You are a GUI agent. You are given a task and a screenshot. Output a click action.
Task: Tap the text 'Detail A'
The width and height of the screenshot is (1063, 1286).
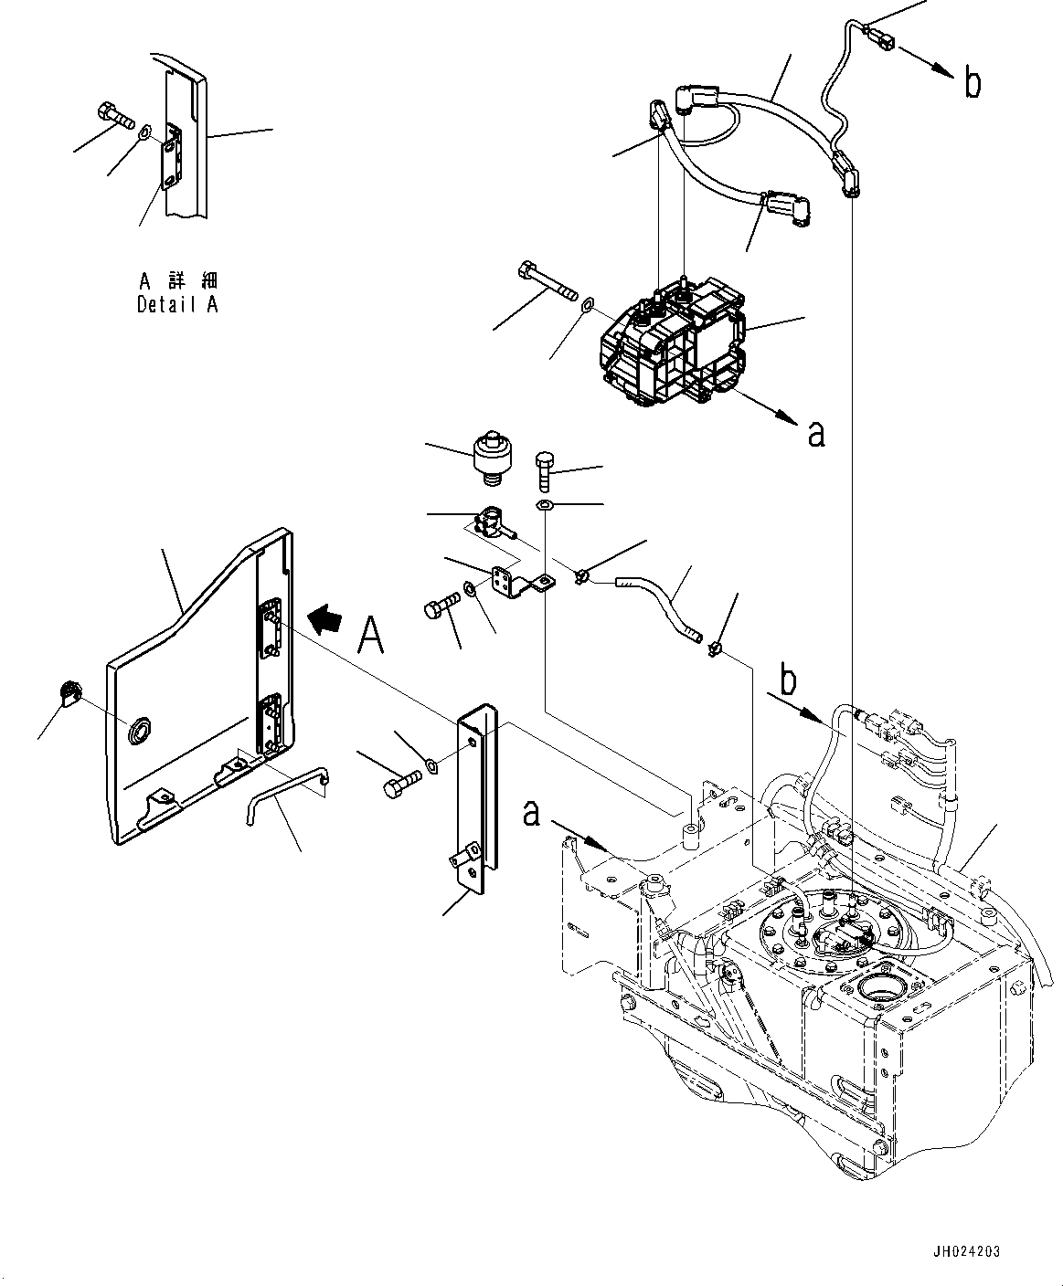[177, 305]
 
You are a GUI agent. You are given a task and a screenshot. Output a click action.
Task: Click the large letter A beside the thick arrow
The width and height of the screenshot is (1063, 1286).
[369, 636]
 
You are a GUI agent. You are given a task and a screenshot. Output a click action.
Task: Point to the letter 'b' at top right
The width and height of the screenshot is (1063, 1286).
[973, 84]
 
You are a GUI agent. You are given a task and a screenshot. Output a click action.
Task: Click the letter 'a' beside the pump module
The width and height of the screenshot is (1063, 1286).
[816, 434]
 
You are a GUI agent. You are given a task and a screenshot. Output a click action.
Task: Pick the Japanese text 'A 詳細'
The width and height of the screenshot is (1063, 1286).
[177, 281]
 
